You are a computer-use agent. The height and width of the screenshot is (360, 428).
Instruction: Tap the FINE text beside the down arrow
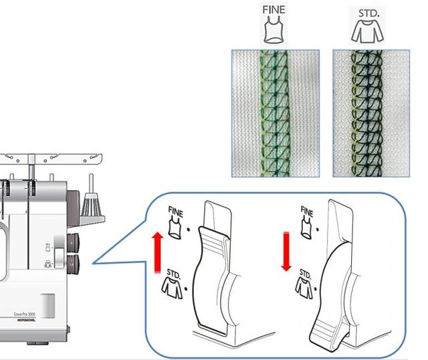[305, 212]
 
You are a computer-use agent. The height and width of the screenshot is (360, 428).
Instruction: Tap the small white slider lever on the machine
[59, 257]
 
